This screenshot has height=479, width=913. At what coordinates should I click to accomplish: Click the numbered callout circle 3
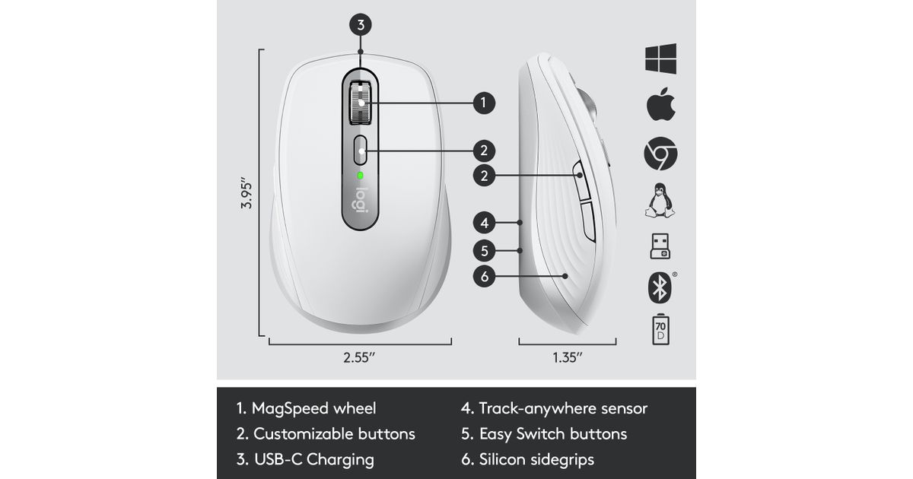361,25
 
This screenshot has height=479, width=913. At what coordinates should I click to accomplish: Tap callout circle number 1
484,103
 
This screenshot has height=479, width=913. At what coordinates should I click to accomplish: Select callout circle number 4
484,223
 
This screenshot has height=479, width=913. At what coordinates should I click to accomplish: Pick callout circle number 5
484,250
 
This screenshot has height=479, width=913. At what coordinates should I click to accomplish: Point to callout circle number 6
484,277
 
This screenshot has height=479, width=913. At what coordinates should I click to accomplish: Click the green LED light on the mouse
360,176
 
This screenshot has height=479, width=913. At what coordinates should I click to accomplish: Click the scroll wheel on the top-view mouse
361,103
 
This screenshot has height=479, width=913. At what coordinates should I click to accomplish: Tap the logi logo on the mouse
361,200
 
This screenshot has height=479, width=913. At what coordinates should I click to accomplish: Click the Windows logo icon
660,59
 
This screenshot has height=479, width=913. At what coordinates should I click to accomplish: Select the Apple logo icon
660,104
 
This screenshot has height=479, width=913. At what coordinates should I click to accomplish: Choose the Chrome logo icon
660,154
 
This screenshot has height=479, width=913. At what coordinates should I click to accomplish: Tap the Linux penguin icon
660,201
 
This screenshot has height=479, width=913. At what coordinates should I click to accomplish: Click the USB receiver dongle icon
660,246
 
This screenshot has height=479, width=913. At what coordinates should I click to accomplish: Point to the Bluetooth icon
660,287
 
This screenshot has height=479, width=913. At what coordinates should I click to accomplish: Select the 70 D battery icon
660,329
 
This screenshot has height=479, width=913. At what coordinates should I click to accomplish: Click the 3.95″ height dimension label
247,193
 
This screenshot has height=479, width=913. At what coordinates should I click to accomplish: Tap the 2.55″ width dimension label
359,357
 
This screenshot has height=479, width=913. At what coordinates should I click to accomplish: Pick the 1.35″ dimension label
568,357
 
